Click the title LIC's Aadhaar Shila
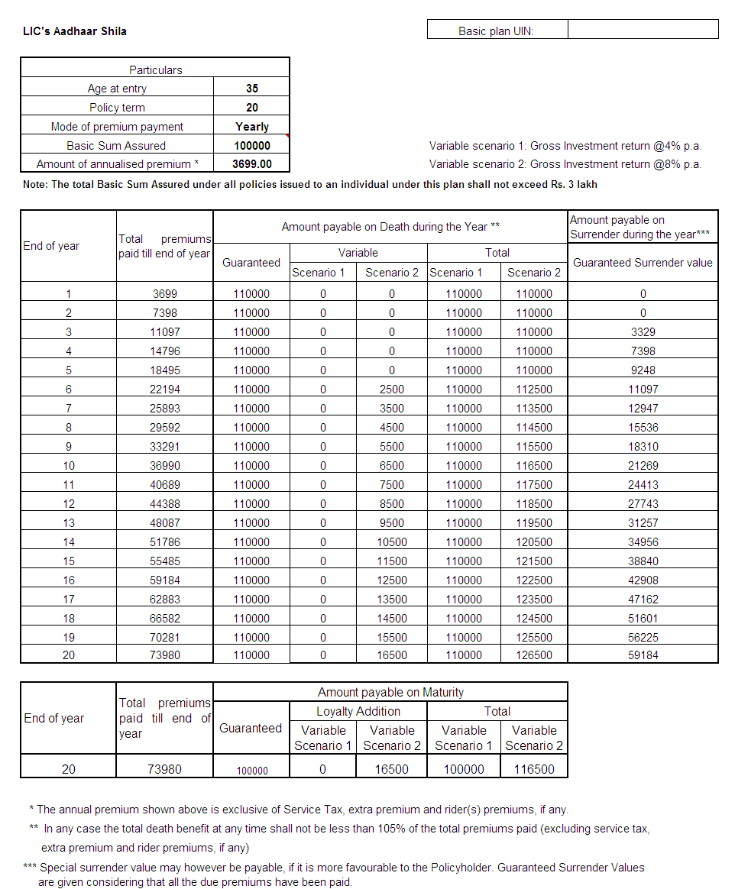coord(75,31)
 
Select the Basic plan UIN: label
coord(496,31)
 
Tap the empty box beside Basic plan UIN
coord(643,30)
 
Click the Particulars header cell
coord(155,70)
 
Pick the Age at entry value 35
coord(252,89)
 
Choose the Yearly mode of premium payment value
coord(252,127)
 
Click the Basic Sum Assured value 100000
coord(252,146)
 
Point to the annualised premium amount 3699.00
coord(252,164)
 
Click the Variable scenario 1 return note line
coord(565,146)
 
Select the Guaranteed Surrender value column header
coord(643,263)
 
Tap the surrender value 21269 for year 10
coord(643,466)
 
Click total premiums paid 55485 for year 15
coord(165,561)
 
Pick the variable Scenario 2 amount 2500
coord(392,390)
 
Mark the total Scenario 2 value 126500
coord(534,655)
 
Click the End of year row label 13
coord(69,523)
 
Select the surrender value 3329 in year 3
coord(643,332)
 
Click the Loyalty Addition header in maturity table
coord(358,711)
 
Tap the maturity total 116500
coord(534,769)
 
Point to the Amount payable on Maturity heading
coord(390,692)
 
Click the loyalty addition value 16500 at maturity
coord(392,769)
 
